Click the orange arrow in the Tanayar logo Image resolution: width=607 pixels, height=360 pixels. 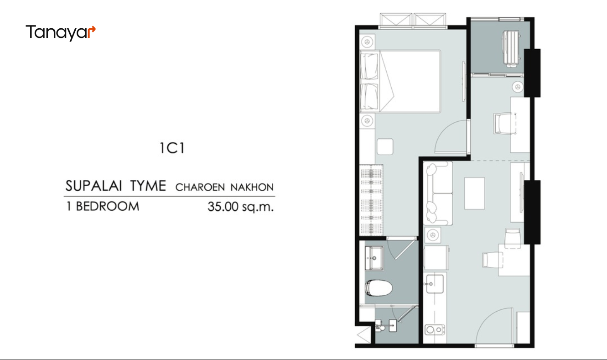coord(92,31)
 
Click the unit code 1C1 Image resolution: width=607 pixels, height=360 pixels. coord(172,148)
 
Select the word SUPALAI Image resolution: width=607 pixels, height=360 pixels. coord(93,186)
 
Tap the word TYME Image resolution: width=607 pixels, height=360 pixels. coord(148,186)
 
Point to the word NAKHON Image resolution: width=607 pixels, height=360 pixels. coord(252,188)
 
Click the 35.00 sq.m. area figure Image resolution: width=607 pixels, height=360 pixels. coord(241,207)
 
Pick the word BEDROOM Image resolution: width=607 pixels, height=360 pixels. coord(108,207)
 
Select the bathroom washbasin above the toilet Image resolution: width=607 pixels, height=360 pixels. coord(374,258)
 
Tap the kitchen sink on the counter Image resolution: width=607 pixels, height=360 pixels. coord(435,284)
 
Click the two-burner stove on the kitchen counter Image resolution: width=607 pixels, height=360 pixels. coord(435,329)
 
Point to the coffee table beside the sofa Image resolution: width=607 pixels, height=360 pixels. coord(474,193)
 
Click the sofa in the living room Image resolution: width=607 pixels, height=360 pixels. coord(438,193)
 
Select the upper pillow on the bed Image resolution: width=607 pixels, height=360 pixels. coord(369,67)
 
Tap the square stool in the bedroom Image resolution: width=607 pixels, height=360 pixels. coord(385,146)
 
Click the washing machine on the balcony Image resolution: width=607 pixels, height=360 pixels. coord(511,48)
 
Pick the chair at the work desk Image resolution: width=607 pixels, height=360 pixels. coord(504,124)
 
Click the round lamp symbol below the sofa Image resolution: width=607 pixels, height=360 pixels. coord(432,235)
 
